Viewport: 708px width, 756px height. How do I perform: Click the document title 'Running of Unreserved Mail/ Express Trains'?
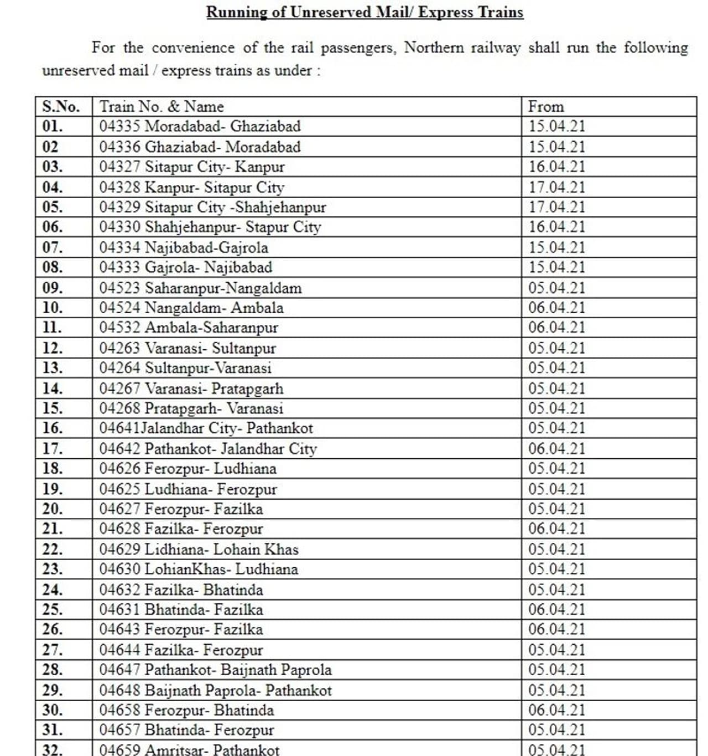[365, 12]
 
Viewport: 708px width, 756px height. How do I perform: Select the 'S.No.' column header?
[61, 106]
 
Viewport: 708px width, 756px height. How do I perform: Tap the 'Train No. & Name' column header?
[162, 106]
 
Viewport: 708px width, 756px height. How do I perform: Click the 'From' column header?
[546, 106]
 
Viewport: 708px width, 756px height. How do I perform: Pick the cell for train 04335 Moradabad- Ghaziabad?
[200, 126]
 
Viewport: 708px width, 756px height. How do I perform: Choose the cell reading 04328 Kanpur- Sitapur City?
[191, 187]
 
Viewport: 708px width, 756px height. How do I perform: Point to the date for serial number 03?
[556, 167]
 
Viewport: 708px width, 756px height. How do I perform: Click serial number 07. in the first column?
[53, 247]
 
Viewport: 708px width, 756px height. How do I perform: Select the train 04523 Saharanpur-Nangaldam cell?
[200, 288]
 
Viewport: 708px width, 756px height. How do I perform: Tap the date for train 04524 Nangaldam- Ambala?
[556, 308]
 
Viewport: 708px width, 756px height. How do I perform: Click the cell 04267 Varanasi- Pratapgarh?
[191, 389]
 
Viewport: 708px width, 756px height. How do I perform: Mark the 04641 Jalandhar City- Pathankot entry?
[206, 428]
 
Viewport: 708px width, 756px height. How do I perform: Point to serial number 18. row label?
[53, 469]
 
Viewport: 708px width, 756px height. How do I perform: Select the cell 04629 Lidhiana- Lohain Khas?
[199, 550]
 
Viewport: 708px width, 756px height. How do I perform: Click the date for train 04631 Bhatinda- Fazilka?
[556, 610]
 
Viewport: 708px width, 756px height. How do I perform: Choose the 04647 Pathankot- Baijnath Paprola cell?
[215, 670]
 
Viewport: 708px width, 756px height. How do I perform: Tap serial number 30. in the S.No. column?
[53, 710]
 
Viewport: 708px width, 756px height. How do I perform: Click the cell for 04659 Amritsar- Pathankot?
[189, 750]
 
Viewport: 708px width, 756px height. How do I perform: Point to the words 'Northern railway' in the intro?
[462, 48]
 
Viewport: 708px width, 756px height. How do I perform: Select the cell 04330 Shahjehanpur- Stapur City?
[210, 227]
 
